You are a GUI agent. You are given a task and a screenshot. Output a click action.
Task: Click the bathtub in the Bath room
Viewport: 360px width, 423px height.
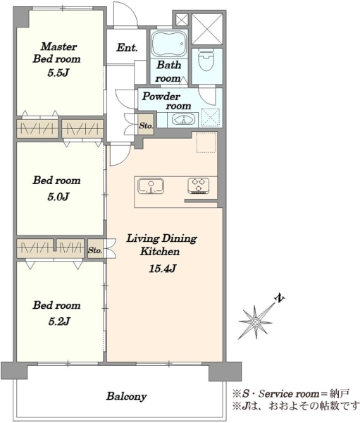pyautogui.click(x=169, y=44)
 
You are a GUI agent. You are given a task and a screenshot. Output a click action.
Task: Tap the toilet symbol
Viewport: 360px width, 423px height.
pyautogui.click(x=206, y=60)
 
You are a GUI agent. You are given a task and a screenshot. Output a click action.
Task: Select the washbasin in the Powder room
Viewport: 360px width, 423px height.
pyautogui.click(x=183, y=120)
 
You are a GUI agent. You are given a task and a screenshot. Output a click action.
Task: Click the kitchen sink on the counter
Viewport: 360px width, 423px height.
pyautogui.click(x=151, y=186)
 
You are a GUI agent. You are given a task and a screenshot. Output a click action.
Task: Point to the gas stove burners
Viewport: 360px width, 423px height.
pyautogui.click(x=199, y=185)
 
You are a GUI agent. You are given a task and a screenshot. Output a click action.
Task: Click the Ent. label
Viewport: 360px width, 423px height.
pyautogui.click(x=128, y=48)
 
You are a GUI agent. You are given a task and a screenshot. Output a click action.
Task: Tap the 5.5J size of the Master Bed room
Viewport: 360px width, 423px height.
pyautogui.click(x=58, y=73)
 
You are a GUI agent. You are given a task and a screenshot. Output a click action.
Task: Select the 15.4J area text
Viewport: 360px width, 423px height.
pyautogui.click(x=162, y=269)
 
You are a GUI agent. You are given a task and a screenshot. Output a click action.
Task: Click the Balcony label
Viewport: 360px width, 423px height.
pyautogui.click(x=127, y=396)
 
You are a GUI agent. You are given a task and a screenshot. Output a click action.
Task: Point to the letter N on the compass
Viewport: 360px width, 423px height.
pyautogui.click(x=280, y=298)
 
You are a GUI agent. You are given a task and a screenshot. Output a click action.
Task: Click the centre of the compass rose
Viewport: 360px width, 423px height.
pyautogui.click(x=255, y=321)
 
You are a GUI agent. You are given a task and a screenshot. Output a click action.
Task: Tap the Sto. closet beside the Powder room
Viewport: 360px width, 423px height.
pyautogui.click(x=146, y=125)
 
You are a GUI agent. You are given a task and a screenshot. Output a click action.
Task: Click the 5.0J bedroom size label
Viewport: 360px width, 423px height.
pyautogui.click(x=58, y=197)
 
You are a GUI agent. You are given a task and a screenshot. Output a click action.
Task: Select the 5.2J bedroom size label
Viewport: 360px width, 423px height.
pyautogui.click(x=59, y=321)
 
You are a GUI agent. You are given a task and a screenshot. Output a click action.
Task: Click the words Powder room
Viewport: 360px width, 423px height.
pyautogui.click(x=166, y=101)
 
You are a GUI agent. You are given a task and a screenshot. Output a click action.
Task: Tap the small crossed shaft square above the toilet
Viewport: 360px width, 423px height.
pyautogui.click(x=182, y=20)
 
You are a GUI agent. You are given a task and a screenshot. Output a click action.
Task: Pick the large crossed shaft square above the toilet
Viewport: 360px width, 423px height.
pyautogui.click(x=207, y=29)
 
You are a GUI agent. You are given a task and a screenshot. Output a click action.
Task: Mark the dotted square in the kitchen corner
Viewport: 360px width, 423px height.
pyautogui.click(x=206, y=142)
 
